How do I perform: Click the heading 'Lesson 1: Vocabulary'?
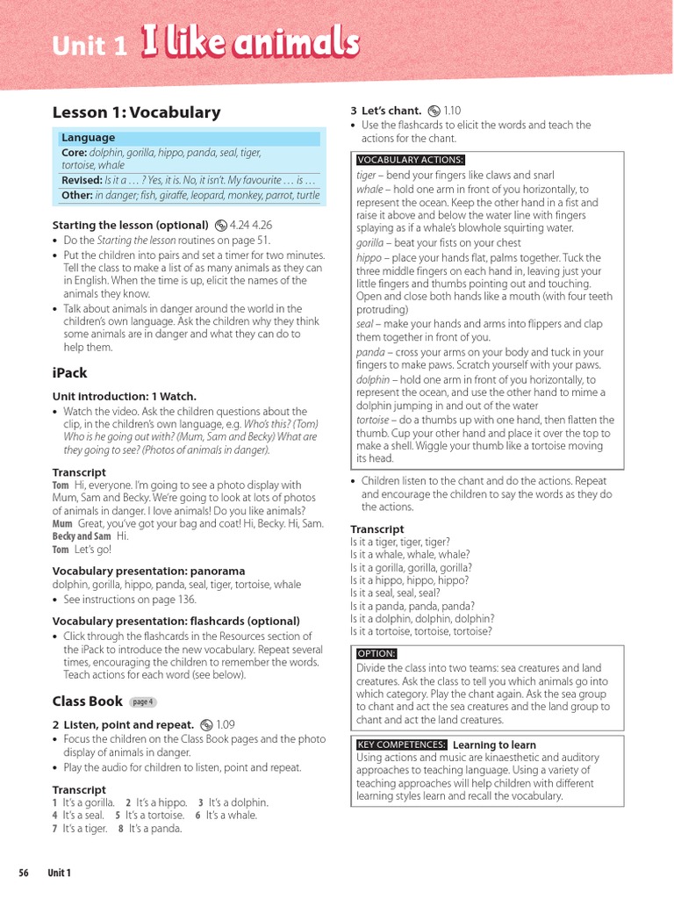point(136,112)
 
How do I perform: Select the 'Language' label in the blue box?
point(88,138)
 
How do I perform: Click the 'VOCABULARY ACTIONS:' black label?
point(411,160)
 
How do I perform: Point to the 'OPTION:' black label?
point(376,653)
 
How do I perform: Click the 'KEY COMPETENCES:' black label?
point(401,744)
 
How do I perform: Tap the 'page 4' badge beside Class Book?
point(142,701)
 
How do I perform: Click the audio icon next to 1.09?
point(206,725)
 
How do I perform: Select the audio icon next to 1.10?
point(434,111)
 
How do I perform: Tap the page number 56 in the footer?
point(24,873)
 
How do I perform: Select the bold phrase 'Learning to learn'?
point(494,744)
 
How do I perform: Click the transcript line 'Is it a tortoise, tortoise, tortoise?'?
point(420,631)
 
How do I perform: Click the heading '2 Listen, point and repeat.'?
point(123,725)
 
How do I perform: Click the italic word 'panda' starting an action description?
point(369,352)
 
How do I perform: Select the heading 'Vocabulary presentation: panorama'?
point(148,571)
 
